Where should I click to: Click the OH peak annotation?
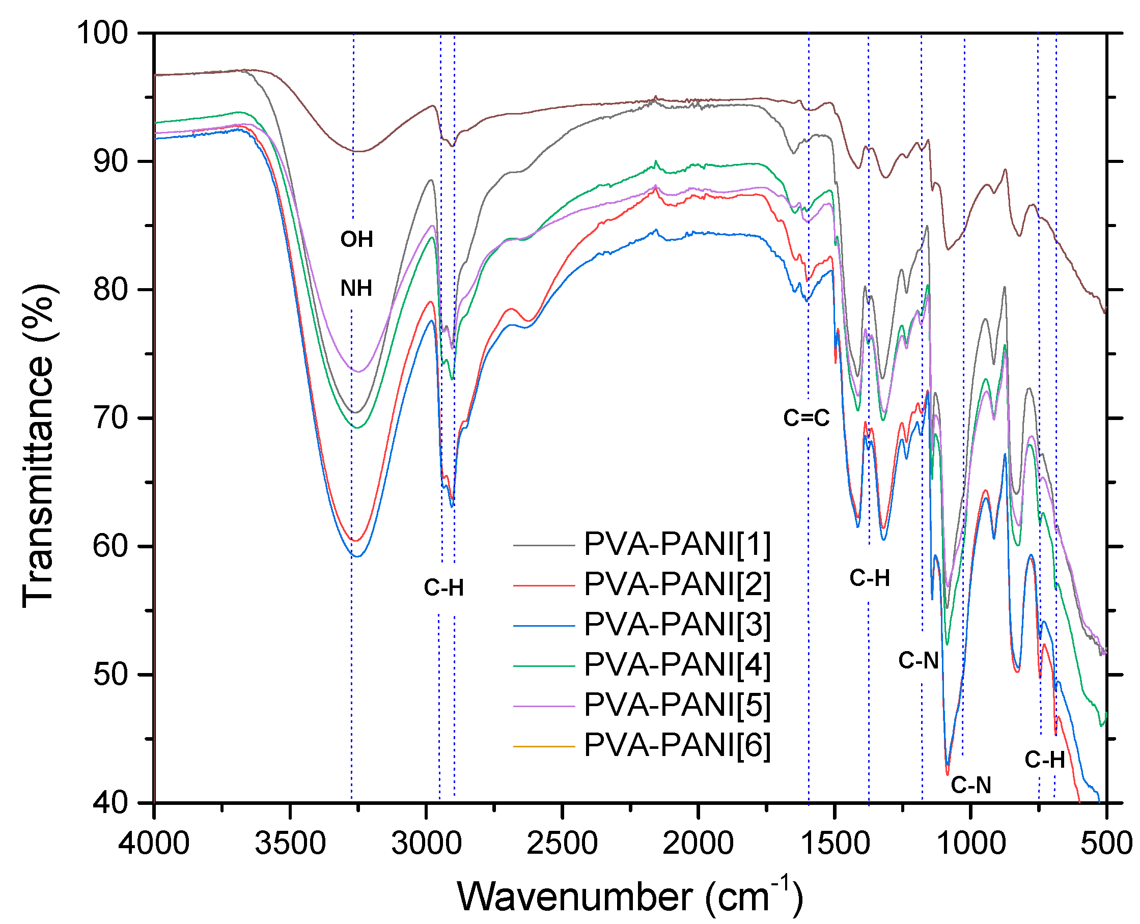pyautogui.click(x=356, y=239)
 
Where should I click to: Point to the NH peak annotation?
pyautogui.click(x=356, y=289)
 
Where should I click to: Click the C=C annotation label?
pyautogui.click(x=806, y=418)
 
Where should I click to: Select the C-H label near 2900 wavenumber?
pyautogui.click(x=444, y=587)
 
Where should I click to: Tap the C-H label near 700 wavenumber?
pyautogui.click(x=1044, y=760)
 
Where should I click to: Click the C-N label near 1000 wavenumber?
pyautogui.click(x=971, y=785)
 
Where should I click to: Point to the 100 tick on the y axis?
pyautogui.click(x=103, y=33)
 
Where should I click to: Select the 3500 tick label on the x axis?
pyautogui.click(x=290, y=844)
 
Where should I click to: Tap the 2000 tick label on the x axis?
pyautogui.click(x=698, y=844)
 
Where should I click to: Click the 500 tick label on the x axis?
pyautogui.click(x=1106, y=844)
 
